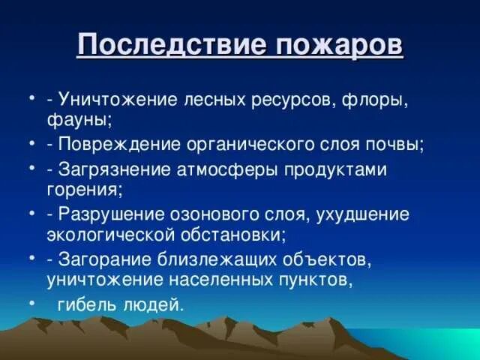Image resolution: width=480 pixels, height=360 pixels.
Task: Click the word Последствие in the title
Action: (168, 46)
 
